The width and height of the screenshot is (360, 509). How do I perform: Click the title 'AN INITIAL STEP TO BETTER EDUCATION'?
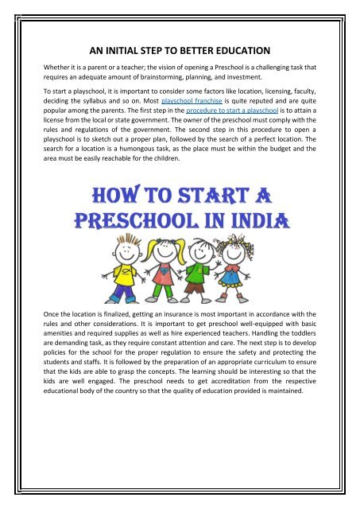180,47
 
